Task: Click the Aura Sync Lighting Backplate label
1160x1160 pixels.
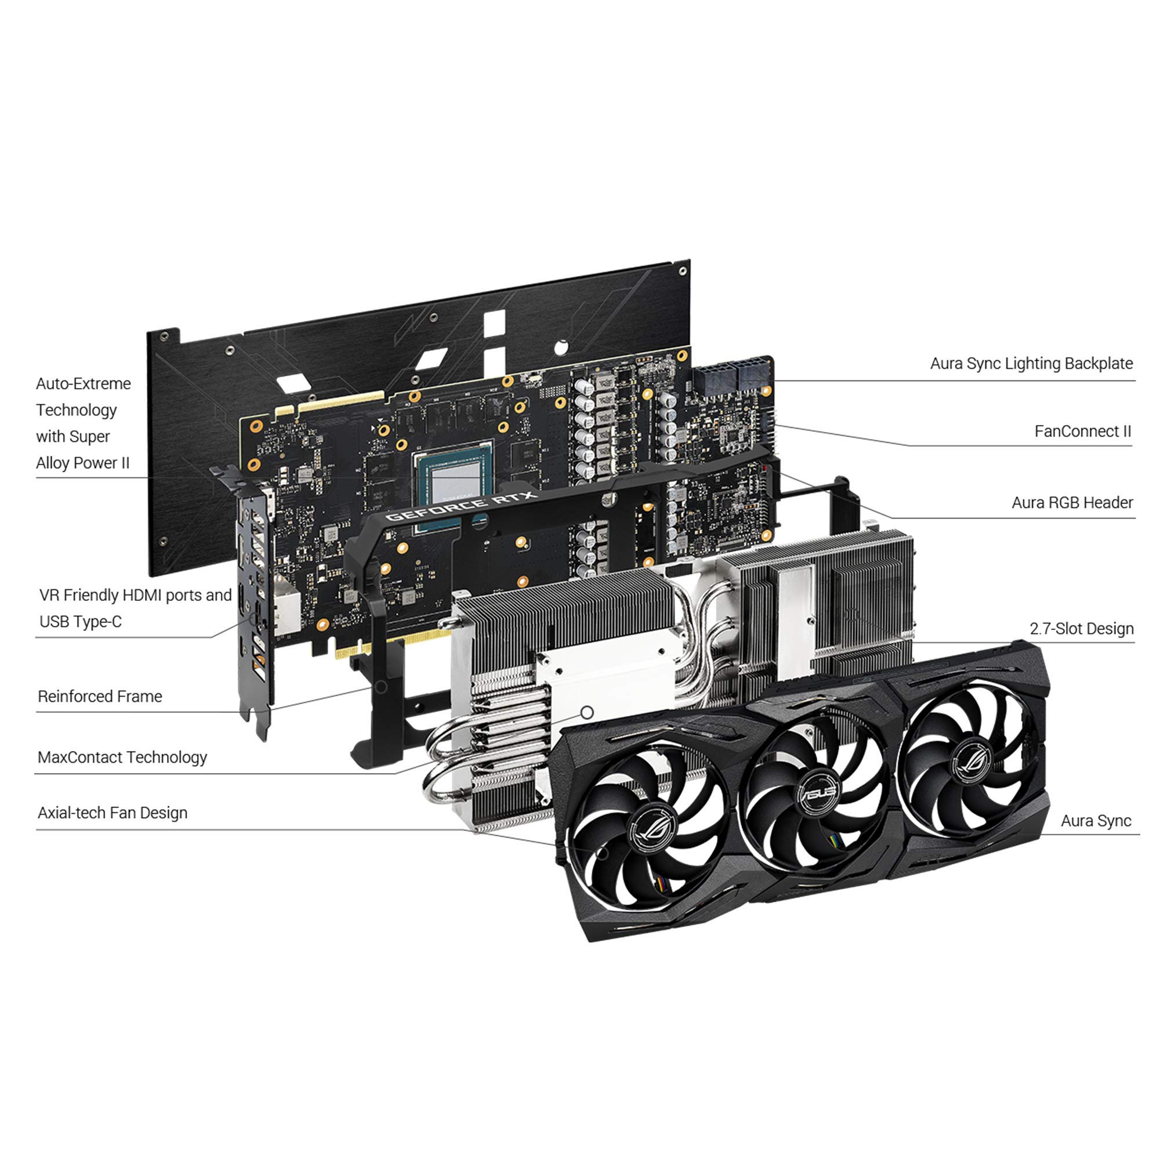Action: [1031, 363]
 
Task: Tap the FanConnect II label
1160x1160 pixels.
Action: [1082, 431]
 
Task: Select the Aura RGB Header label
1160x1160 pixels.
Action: [1072, 502]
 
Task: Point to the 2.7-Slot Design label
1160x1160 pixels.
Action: [1081, 629]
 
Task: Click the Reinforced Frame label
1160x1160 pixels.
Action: [100, 697]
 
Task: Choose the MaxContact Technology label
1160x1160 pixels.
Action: [122, 757]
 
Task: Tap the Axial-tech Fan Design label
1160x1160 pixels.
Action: [113, 813]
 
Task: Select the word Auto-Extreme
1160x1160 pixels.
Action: [83, 383]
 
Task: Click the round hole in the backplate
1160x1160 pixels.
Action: [560, 347]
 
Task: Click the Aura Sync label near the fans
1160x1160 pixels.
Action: [1095, 821]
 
